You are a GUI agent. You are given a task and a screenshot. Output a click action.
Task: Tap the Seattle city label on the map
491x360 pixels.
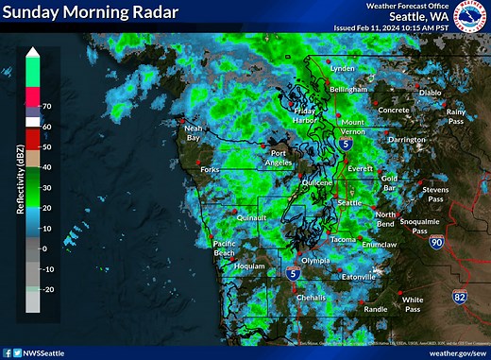tap(350, 203)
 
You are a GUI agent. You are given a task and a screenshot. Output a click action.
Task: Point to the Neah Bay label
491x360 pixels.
tap(193, 133)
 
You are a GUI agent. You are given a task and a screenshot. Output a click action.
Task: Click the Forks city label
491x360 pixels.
tap(210, 170)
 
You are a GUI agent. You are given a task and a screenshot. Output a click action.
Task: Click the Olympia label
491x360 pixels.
tap(315, 260)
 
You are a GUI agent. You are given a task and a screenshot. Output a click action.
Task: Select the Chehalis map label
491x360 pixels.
tap(310, 297)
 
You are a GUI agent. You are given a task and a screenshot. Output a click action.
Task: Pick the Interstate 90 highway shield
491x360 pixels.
tap(435, 244)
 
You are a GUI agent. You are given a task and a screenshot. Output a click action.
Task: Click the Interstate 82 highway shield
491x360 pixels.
tap(459, 298)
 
